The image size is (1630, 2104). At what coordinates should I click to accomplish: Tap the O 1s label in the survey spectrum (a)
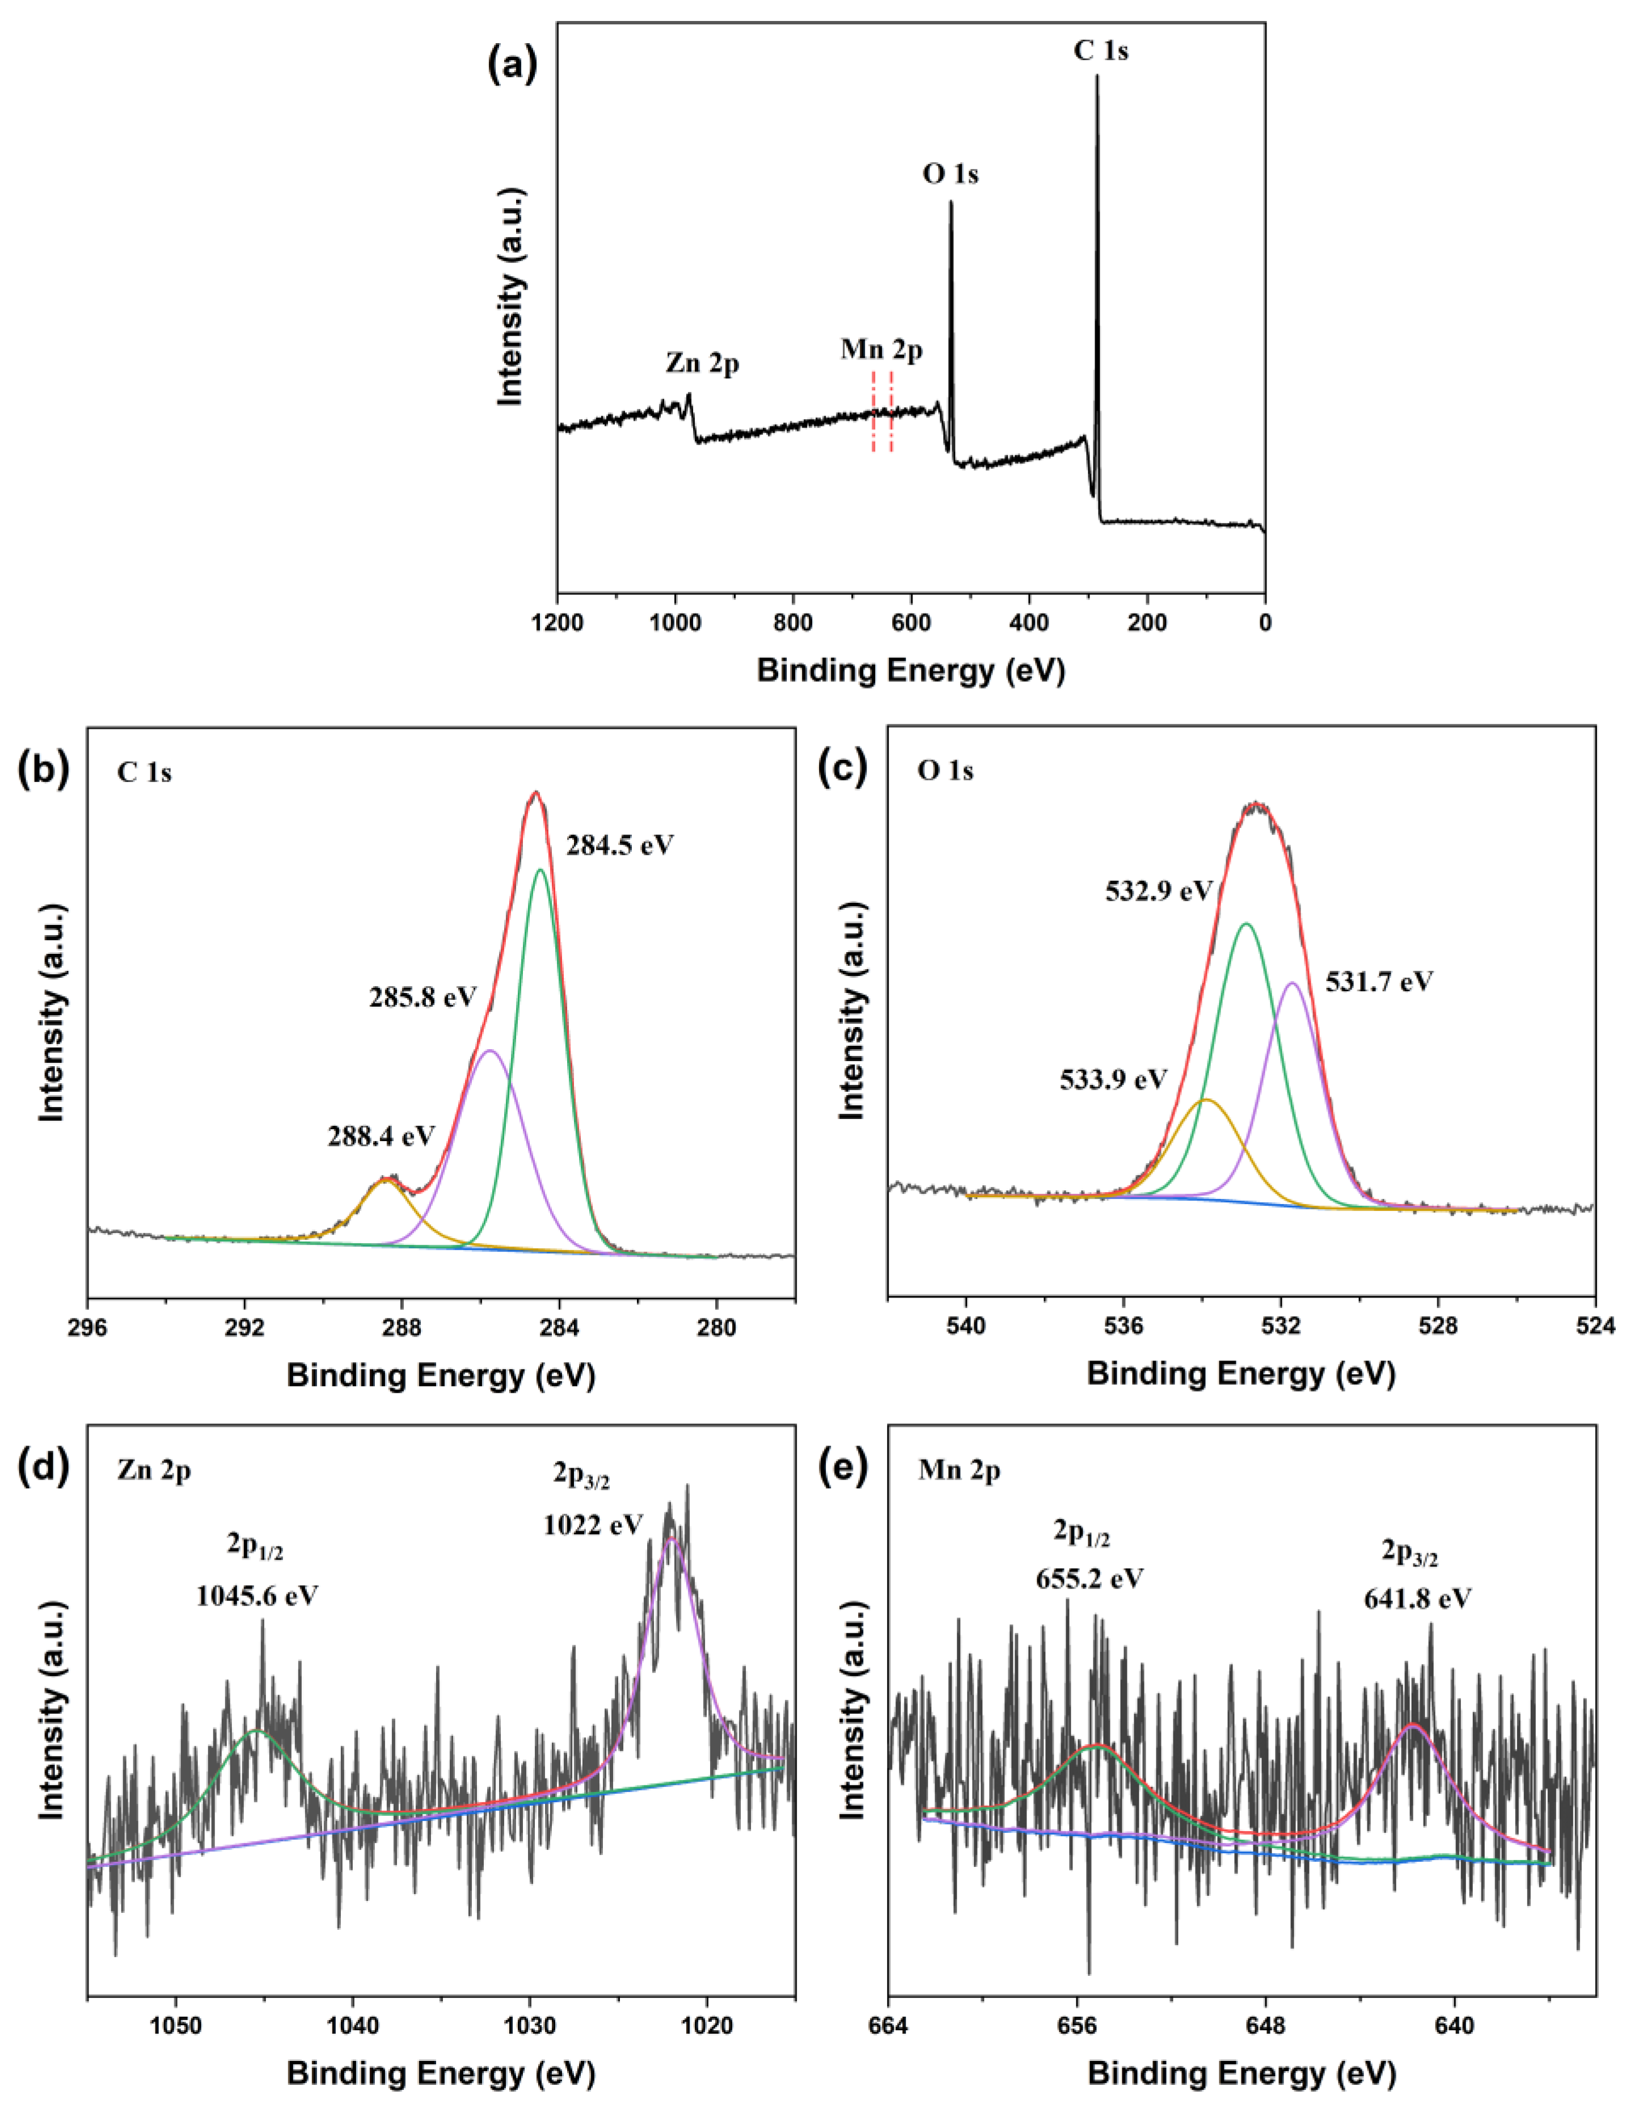(x=950, y=174)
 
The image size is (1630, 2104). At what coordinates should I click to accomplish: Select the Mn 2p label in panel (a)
(x=881, y=350)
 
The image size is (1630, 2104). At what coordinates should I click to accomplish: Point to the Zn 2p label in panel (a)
(x=702, y=363)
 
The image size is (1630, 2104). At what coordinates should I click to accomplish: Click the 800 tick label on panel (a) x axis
(x=793, y=622)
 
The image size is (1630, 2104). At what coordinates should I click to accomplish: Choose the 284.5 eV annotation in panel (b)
(x=619, y=846)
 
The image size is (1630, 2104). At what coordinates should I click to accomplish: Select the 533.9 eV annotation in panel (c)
(x=1114, y=1079)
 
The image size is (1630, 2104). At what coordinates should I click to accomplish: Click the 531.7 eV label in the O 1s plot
(x=1379, y=982)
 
